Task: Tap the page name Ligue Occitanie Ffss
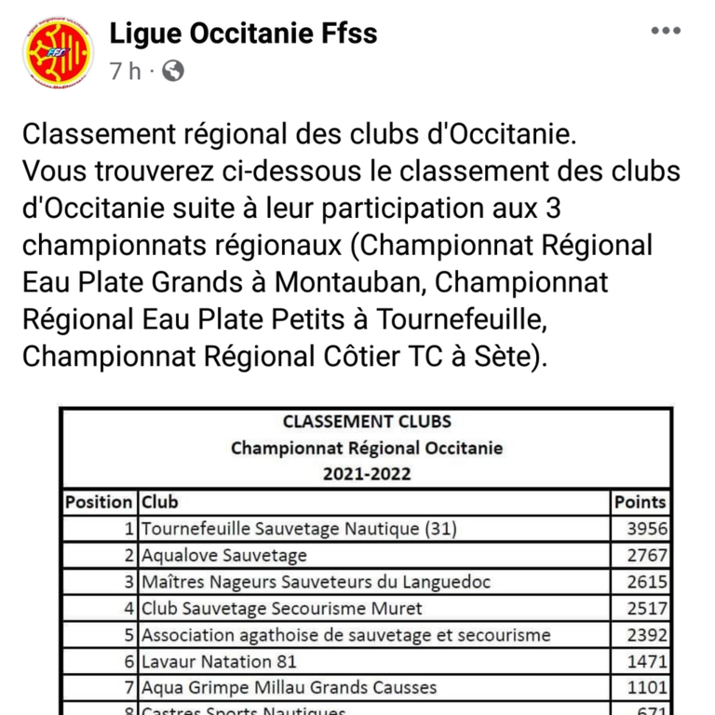[243, 34]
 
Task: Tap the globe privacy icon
[173, 71]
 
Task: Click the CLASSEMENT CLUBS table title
[366, 422]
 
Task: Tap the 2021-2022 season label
[366, 474]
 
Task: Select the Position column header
[99, 502]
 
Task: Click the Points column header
[641, 502]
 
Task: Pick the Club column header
[159, 502]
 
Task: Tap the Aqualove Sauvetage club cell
[223, 556]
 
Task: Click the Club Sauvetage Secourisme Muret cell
[281, 609]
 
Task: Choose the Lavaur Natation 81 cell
[219, 662]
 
